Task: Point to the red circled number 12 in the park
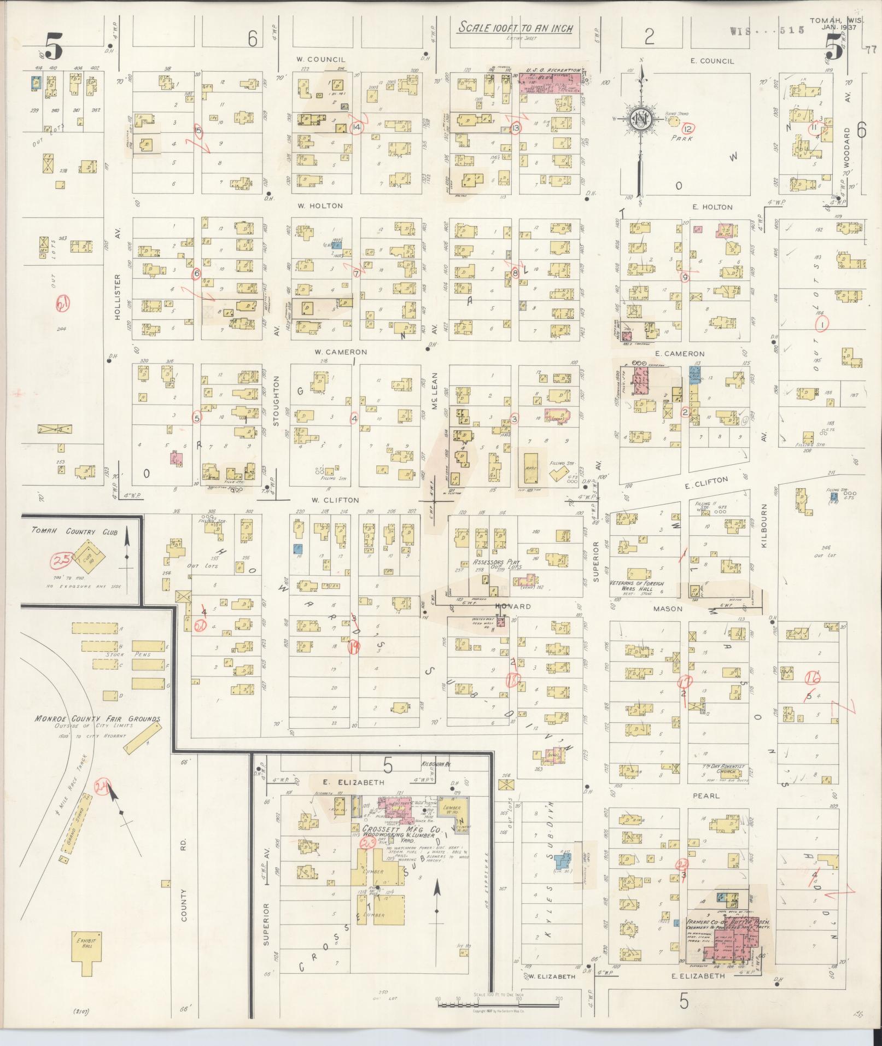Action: coord(688,129)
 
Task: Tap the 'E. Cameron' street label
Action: coord(680,354)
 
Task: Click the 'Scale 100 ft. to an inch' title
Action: coord(515,28)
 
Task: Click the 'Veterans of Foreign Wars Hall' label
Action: coord(636,587)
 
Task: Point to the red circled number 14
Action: coord(357,127)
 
